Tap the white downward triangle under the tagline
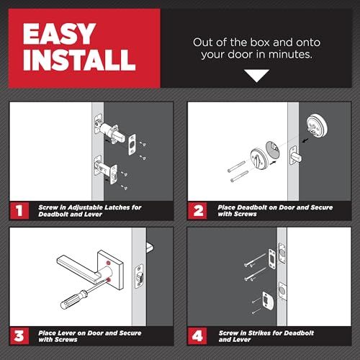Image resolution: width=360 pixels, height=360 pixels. (x=256, y=75)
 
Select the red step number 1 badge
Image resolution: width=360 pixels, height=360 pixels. (x=20, y=211)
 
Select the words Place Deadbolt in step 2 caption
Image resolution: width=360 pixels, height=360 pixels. (x=243, y=207)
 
